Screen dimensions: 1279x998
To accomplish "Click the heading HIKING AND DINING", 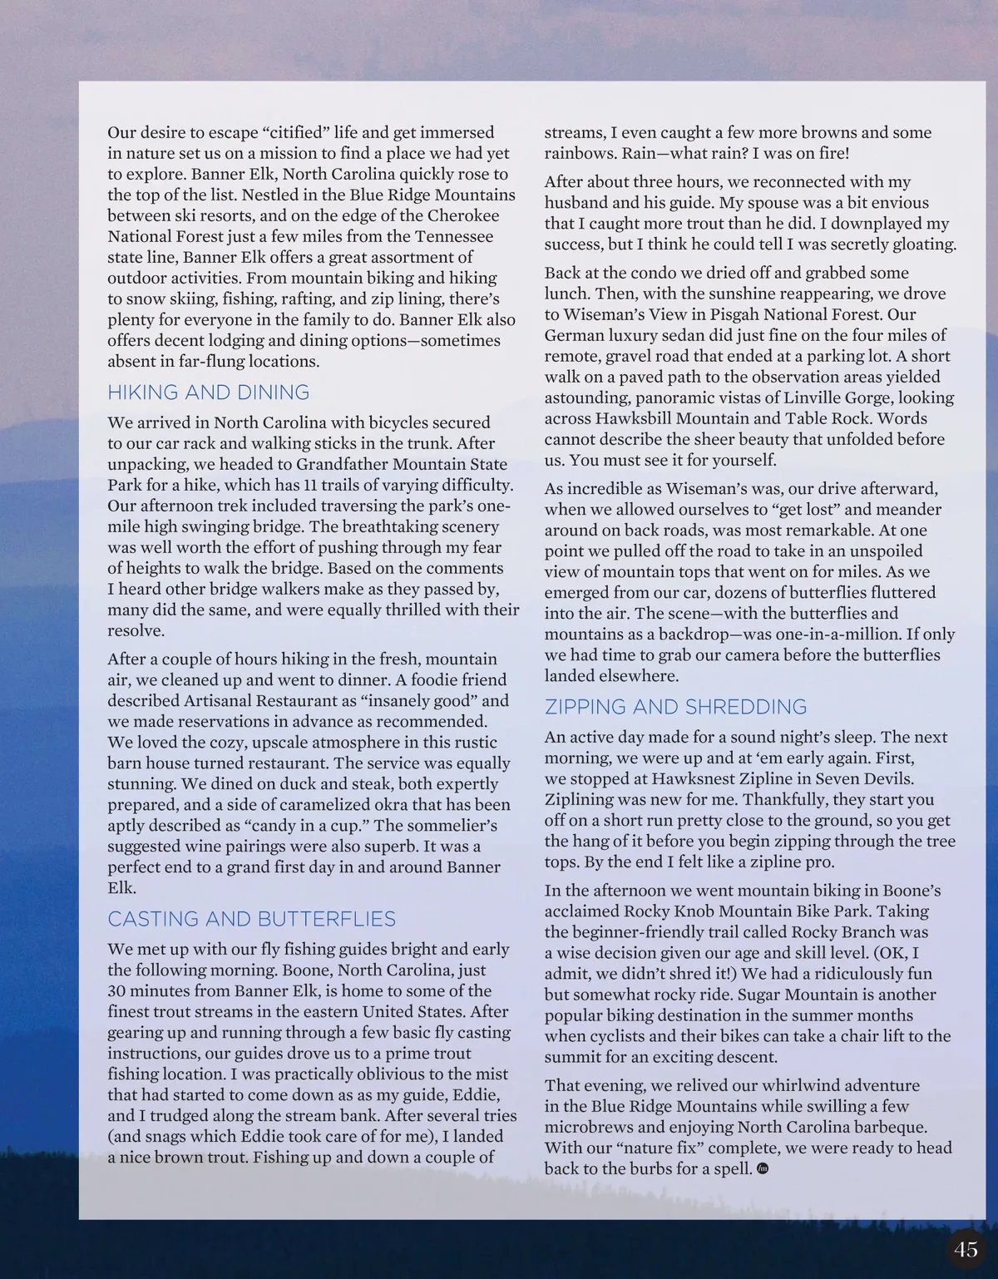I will [208, 393].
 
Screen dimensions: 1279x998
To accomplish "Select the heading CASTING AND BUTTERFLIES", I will [251, 919].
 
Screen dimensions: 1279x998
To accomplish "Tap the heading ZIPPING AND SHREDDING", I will [675, 707].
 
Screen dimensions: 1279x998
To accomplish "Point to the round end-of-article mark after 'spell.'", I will [763, 1169].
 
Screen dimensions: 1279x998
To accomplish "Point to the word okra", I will [390, 804].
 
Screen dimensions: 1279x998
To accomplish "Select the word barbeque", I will [887, 1127].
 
